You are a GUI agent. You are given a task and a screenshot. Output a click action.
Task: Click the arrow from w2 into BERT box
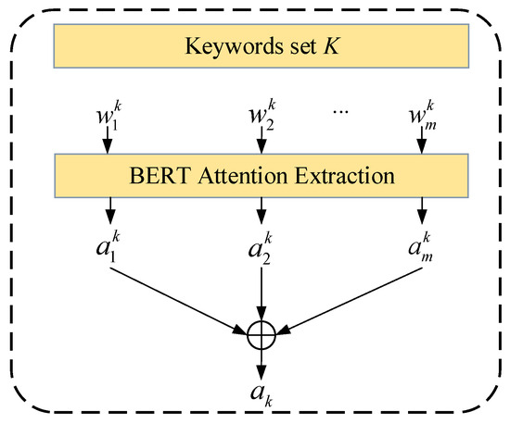261,143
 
